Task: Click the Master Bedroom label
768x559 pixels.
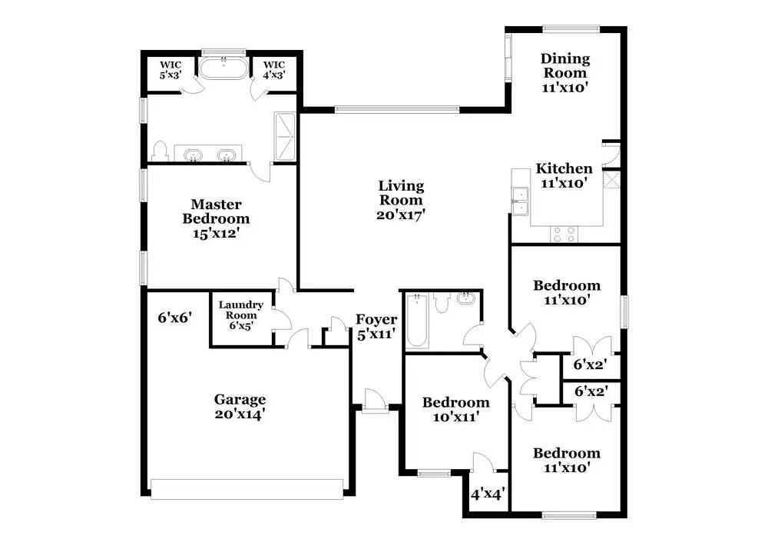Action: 216,218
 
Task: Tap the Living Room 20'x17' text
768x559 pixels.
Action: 401,200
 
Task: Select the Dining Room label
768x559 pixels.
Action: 565,72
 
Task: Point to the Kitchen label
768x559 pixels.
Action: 564,176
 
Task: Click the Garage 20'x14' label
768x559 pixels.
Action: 240,406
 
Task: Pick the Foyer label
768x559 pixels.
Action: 376,327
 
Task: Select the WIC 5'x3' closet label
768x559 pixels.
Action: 169,70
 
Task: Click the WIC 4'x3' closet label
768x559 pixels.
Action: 274,70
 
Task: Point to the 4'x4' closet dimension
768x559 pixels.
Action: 486,494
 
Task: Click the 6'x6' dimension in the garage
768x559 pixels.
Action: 174,316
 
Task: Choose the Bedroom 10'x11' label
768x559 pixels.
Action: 455,409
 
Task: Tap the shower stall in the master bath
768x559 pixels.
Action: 286,137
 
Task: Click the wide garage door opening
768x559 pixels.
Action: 247,489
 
